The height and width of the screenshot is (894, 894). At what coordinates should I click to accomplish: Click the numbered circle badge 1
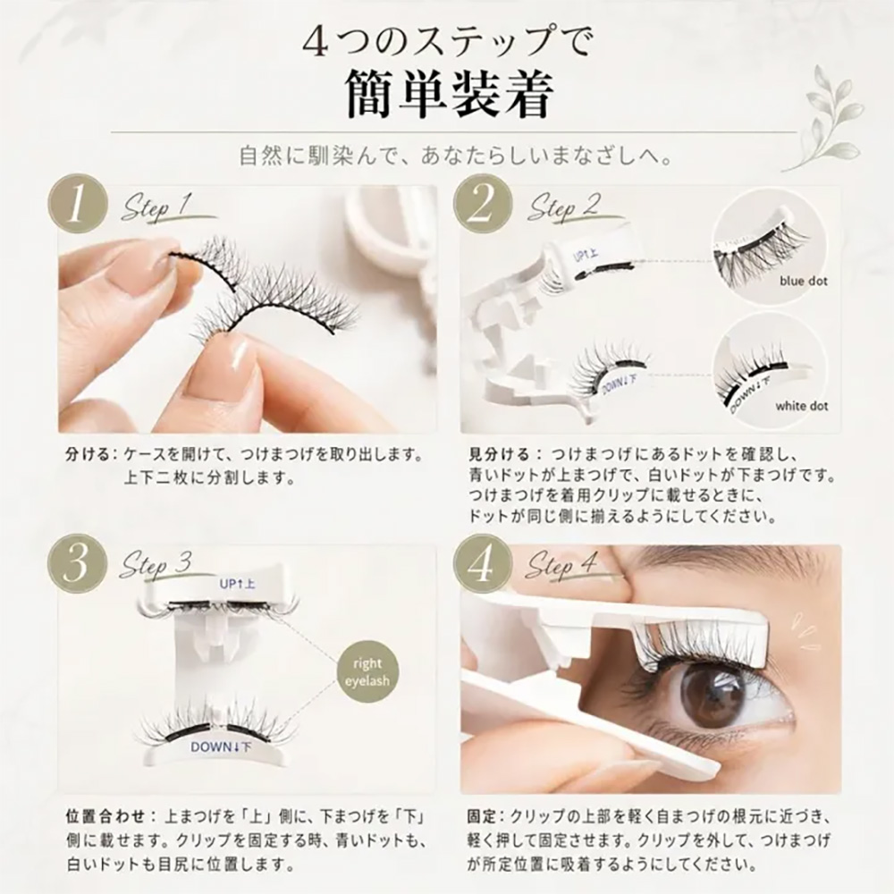click(78, 205)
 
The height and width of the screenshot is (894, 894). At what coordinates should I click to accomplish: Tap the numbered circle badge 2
click(483, 205)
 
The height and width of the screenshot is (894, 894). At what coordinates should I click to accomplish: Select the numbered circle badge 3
click(78, 564)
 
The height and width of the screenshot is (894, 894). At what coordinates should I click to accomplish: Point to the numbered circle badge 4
click(483, 564)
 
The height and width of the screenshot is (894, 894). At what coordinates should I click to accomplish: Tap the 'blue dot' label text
click(804, 281)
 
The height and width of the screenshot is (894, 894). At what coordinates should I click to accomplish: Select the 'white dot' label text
click(801, 407)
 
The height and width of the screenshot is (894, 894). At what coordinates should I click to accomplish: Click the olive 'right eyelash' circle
click(367, 672)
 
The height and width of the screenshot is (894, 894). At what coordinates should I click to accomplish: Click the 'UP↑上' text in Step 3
click(237, 584)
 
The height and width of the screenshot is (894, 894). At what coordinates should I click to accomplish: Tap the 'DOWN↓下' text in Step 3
click(220, 746)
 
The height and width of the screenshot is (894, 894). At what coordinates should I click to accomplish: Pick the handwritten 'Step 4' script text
click(563, 568)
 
